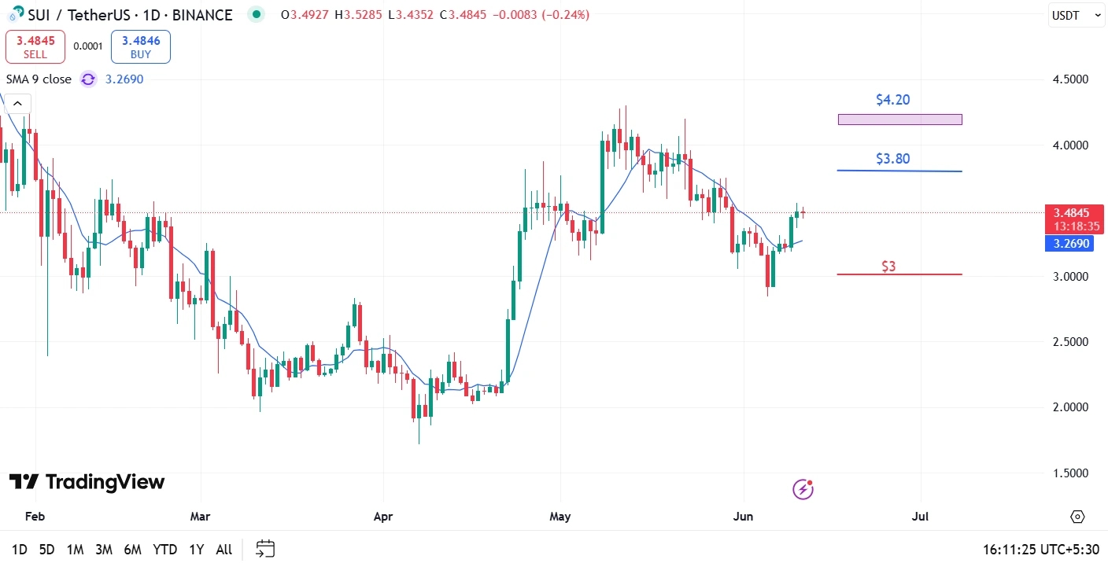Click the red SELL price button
(x=35, y=46)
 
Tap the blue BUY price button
(x=141, y=46)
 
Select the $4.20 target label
(x=892, y=100)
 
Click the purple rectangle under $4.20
(x=899, y=120)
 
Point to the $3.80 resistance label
(x=892, y=159)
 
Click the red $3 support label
(x=888, y=267)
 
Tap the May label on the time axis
(x=560, y=517)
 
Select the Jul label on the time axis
(x=920, y=517)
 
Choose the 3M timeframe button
(x=104, y=550)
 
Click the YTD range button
(x=164, y=550)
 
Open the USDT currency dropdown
(x=1077, y=15)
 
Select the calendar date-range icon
(x=266, y=549)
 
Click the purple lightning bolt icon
(x=803, y=489)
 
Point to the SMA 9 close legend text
(x=39, y=79)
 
